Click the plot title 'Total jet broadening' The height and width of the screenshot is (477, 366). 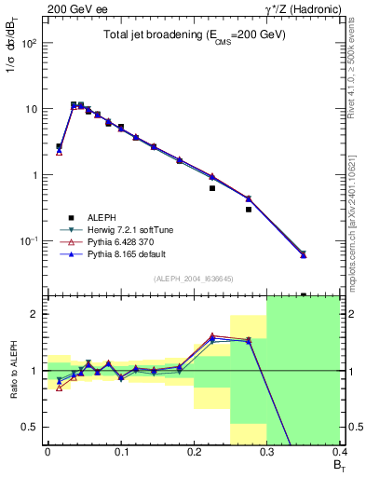click(195, 34)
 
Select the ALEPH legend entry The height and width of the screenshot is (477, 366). click(88, 216)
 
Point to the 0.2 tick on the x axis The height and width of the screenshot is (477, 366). click(194, 452)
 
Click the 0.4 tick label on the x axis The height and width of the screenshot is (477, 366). click(340, 452)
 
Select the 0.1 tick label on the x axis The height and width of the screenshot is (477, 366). click(120, 452)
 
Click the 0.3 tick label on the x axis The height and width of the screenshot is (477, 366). click(267, 452)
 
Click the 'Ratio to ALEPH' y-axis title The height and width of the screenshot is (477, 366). click(11, 370)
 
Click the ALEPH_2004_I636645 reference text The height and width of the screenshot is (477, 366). click(193, 279)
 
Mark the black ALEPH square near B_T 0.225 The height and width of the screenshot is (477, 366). click(212, 188)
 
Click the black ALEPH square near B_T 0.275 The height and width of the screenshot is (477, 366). click(249, 210)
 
